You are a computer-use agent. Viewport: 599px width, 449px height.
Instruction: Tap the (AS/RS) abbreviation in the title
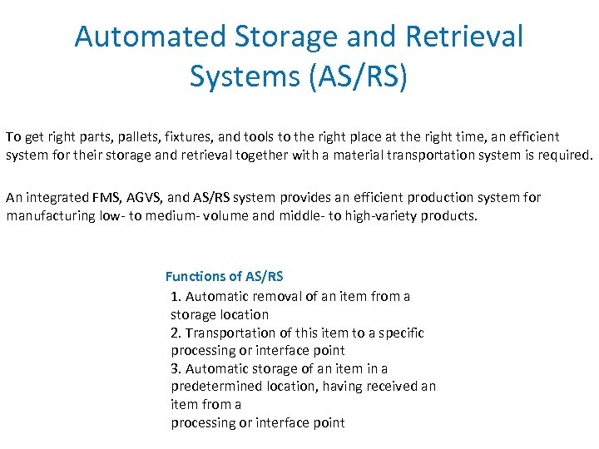(357, 76)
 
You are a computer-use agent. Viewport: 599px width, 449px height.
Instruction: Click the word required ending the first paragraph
(567, 155)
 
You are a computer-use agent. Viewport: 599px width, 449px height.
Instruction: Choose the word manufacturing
(52, 216)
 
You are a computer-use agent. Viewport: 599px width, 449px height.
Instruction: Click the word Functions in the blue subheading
(194, 276)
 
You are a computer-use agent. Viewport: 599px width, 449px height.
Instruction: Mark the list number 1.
(175, 296)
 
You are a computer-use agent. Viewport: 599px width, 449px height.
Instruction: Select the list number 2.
(175, 333)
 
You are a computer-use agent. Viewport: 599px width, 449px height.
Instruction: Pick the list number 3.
(175, 368)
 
